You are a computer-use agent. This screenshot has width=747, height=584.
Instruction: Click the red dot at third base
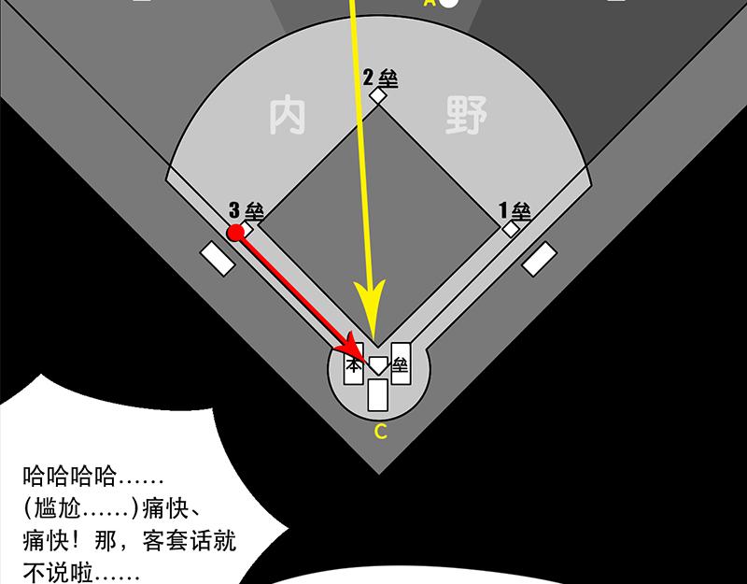coord(235,233)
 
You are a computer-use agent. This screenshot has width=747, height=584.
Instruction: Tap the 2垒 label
coord(380,78)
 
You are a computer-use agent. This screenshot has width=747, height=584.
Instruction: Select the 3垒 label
coord(246,211)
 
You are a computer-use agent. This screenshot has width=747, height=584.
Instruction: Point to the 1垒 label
coord(514,210)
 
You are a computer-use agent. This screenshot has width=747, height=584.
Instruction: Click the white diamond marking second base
coord(378,95)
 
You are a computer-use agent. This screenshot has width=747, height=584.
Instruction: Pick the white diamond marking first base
coord(511,229)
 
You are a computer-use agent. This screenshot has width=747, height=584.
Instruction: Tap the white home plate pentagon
coord(379,365)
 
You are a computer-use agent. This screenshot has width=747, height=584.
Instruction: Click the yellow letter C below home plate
coord(380,432)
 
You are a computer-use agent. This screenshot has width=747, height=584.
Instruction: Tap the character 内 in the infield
coord(288,116)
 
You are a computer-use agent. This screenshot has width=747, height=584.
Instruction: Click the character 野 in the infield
coord(466,115)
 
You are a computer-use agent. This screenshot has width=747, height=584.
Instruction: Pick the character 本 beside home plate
coord(353,365)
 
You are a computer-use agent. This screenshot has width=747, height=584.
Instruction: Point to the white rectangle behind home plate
coord(377,394)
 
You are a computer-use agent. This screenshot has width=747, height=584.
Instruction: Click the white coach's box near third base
coord(218,259)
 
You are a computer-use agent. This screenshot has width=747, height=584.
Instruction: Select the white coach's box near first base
coord(540,259)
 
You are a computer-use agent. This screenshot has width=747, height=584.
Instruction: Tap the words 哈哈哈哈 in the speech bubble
coord(69,476)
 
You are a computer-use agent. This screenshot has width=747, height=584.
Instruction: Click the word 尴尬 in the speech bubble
coord(58,509)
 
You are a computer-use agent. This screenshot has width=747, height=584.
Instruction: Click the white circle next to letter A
coord(448,2)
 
